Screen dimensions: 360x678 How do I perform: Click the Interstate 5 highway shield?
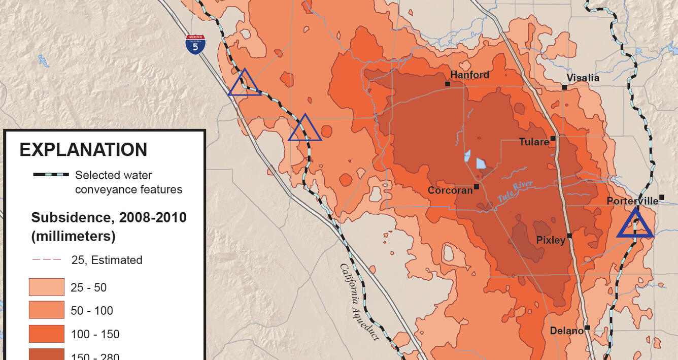pyautogui.click(x=195, y=45)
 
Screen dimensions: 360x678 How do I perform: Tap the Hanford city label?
pyautogui.click(x=470, y=75)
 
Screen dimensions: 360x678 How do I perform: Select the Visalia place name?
pyautogui.click(x=583, y=78)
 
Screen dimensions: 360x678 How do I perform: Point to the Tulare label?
pyautogui.click(x=534, y=142)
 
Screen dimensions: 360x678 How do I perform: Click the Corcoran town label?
pyautogui.click(x=450, y=190)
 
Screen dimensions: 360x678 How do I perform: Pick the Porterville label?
pyautogui.click(x=632, y=201)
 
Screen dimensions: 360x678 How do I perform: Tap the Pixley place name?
pyautogui.click(x=551, y=240)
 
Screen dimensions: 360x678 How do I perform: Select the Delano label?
pyautogui.click(x=566, y=331)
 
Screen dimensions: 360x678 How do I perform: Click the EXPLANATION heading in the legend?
pyautogui.click(x=83, y=150)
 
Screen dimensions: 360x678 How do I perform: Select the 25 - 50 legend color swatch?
pyautogui.click(x=47, y=287)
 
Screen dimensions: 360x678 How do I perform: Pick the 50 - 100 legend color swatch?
pyautogui.click(x=47, y=310)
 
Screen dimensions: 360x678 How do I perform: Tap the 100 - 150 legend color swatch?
pyautogui.click(x=47, y=334)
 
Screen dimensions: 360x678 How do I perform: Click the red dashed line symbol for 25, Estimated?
pyautogui.click(x=47, y=259)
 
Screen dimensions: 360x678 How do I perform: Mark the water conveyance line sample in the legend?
pyautogui.click(x=51, y=175)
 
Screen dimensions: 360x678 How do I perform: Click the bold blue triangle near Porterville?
pyautogui.click(x=635, y=224)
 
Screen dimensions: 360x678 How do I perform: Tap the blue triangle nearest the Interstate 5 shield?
pyautogui.click(x=245, y=84)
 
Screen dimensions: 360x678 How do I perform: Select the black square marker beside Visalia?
pyautogui.click(x=564, y=87)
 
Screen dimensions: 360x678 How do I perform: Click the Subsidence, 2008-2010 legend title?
pyautogui.click(x=109, y=218)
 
